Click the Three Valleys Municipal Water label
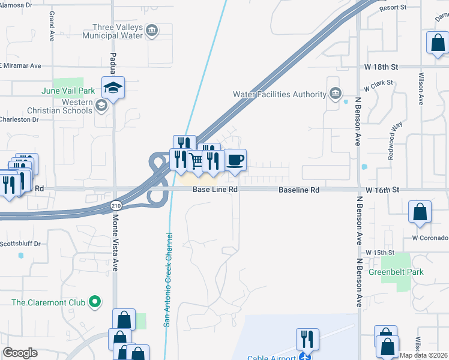click(x=118, y=31)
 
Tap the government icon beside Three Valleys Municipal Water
click(x=152, y=31)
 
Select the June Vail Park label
click(x=68, y=91)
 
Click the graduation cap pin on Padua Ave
click(x=112, y=88)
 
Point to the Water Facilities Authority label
click(x=279, y=94)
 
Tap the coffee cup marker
click(x=235, y=160)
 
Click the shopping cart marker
click(x=196, y=161)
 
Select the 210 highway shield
click(x=115, y=205)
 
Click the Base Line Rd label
click(x=215, y=190)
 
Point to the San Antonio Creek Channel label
click(x=169, y=280)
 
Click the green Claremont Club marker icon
click(x=94, y=302)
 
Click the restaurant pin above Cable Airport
click(x=307, y=338)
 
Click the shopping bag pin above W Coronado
click(x=420, y=212)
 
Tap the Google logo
click(x=20, y=353)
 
